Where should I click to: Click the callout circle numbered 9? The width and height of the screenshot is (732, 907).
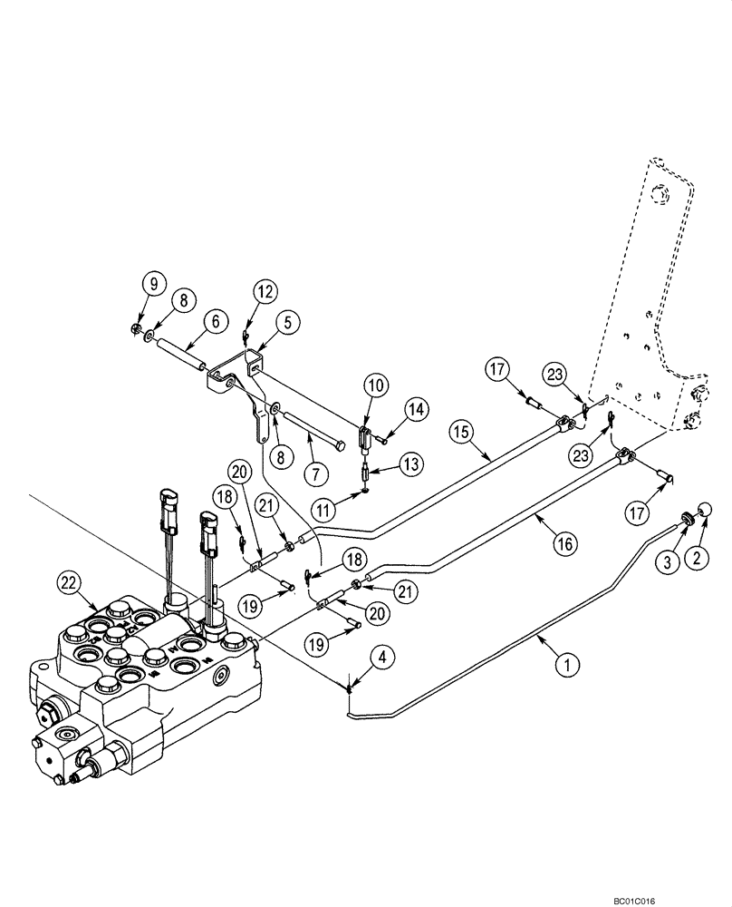(153, 283)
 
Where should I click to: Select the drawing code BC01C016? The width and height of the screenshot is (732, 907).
(690, 898)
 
